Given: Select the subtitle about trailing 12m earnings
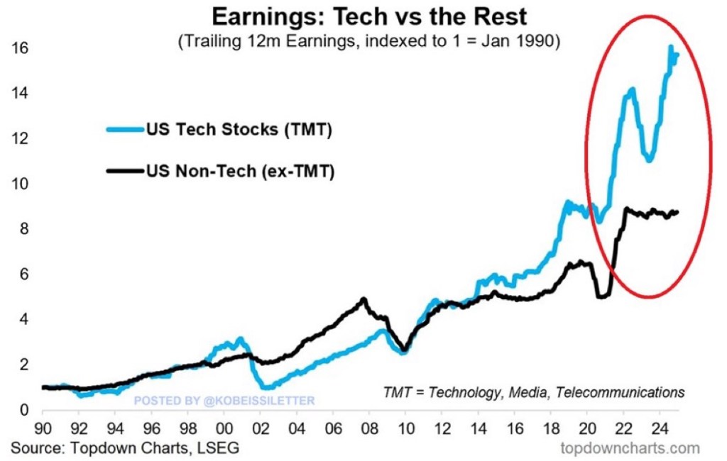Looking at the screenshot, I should pos(369,42).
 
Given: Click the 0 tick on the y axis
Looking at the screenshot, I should pos(23,410).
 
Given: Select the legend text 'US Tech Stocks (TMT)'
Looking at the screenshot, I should pos(239,130).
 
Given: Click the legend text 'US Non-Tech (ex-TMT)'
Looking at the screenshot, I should pos(239,171).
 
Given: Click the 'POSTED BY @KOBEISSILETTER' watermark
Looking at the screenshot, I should pos(224,401).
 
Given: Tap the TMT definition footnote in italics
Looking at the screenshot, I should pos(534,391).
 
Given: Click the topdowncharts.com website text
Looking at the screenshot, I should pos(630,448).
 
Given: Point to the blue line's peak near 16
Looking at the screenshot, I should pos(671,48).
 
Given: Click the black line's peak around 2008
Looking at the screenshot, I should pos(364,299).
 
